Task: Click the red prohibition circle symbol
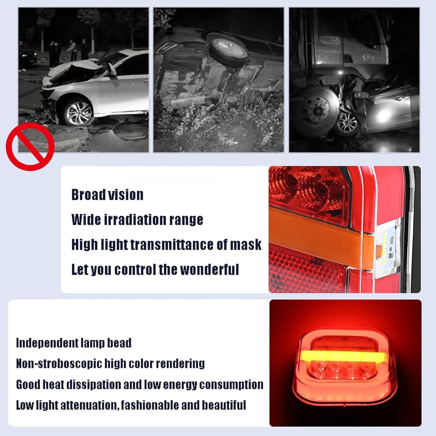point(30,146)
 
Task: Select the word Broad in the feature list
point(88,195)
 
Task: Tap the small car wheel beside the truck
point(347,124)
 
